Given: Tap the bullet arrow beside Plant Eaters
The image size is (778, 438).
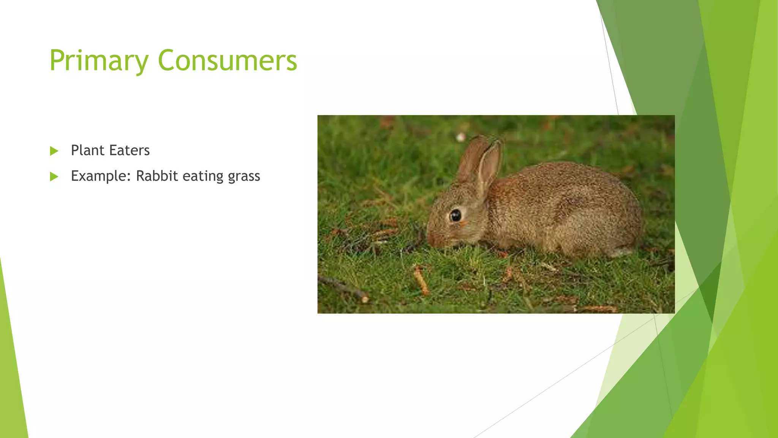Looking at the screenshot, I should [x=54, y=151].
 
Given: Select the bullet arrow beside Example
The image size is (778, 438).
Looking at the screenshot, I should [x=54, y=176].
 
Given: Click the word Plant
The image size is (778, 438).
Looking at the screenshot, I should [x=87, y=151].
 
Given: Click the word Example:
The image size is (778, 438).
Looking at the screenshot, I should [x=101, y=176].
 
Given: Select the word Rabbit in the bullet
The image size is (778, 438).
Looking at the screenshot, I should [x=157, y=176].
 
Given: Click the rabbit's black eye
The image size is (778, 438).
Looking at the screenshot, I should [x=455, y=216].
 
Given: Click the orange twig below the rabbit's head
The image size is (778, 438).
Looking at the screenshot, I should [x=421, y=281].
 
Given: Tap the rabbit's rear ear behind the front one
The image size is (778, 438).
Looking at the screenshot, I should [x=471, y=158].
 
